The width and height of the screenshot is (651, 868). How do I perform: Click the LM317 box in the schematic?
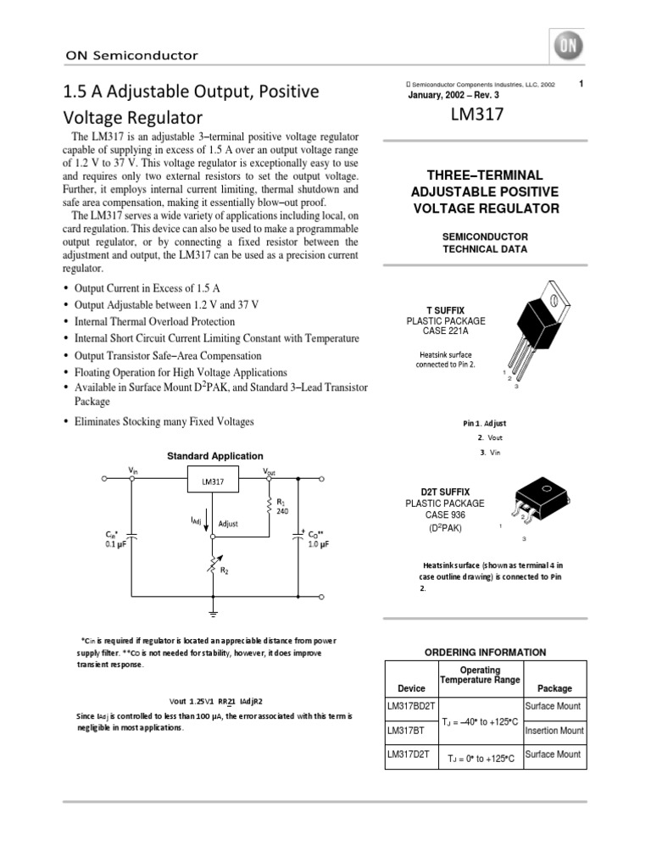pos(213,481)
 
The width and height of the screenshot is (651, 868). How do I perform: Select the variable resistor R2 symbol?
pos(214,562)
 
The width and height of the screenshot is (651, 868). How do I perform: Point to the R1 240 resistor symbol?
pos(269,507)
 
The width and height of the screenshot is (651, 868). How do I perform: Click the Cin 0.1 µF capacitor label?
pos(115,540)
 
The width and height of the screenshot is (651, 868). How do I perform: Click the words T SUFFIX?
pos(446,311)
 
